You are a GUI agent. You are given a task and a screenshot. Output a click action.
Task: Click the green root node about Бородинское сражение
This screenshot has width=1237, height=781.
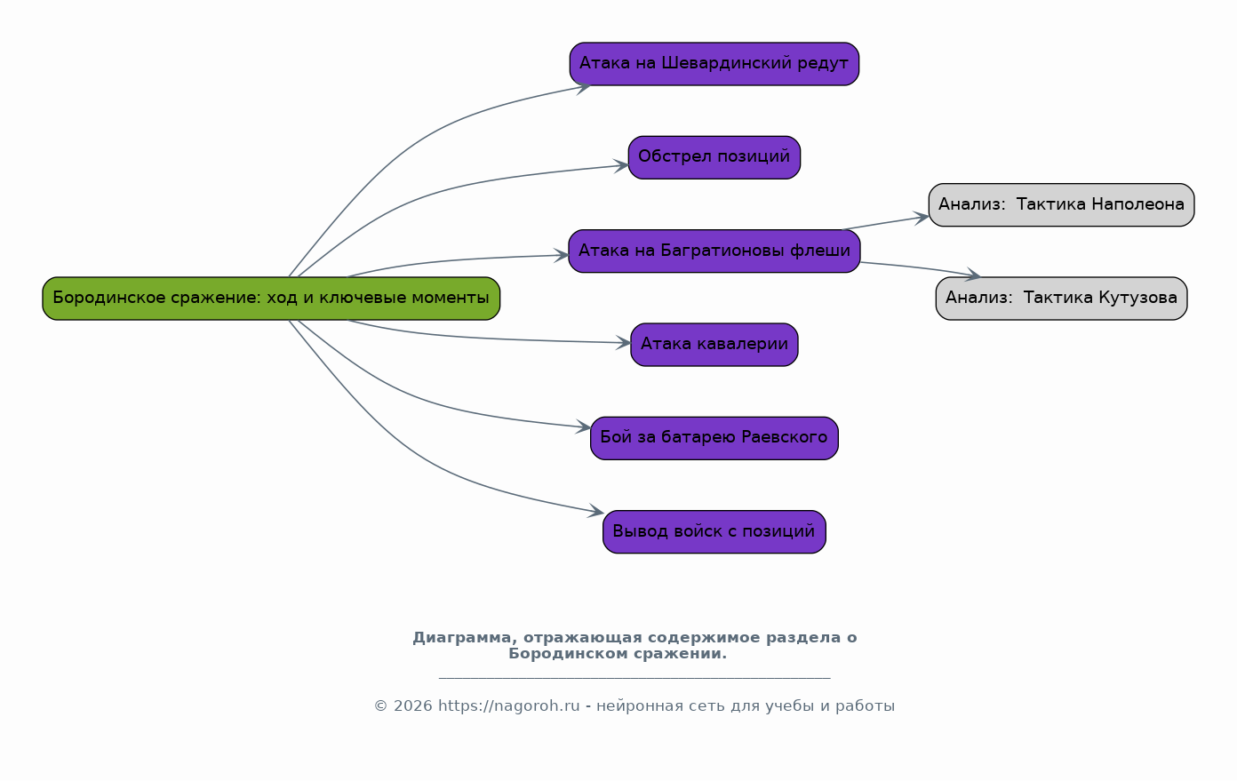[x=271, y=299]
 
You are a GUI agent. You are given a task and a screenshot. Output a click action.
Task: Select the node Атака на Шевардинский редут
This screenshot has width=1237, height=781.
[x=714, y=64]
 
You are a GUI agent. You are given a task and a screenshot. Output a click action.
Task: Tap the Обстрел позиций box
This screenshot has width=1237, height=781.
[x=714, y=157]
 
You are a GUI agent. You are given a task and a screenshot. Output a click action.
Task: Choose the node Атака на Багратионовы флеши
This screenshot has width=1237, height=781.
[x=714, y=251]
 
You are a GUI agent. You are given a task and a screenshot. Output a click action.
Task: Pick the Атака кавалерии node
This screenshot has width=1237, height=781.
[x=714, y=345]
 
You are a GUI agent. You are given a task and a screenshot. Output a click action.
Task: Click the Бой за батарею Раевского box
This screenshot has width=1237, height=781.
[x=714, y=438]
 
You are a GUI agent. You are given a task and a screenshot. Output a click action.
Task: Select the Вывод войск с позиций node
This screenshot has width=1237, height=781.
[x=714, y=532]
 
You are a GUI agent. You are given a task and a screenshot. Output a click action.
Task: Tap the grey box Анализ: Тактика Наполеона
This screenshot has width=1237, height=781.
[x=1061, y=205]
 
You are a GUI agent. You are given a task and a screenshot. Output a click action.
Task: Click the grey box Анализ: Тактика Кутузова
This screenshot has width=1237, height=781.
[x=1061, y=299]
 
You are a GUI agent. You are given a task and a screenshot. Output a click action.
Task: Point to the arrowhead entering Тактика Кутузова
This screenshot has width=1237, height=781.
[x=973, y=275]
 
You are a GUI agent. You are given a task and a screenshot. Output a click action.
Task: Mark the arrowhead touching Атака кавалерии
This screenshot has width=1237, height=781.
[x=624, y=343]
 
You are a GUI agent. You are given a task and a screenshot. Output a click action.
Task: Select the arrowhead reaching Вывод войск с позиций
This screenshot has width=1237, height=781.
[x=596, y=512]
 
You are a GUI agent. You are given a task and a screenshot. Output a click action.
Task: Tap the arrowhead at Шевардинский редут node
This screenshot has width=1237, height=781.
[x=584, y=87]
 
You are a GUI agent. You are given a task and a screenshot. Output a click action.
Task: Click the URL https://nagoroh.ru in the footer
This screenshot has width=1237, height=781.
[x=509, y=705]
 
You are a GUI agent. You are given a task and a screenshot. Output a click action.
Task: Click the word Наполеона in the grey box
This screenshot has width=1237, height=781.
[x=1138, y=204]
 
